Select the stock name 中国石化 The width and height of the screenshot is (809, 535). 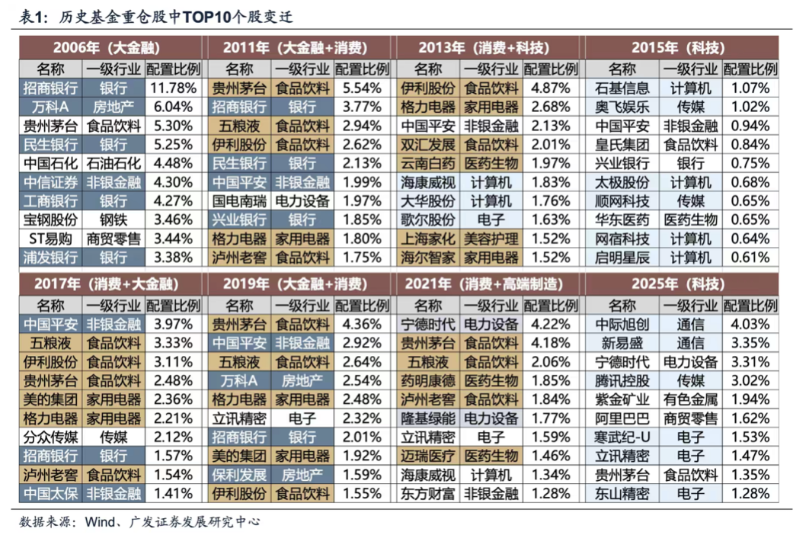tap(50, 163)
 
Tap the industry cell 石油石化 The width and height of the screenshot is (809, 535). tap(114, 163)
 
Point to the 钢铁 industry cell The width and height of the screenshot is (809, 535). tap(114, 220)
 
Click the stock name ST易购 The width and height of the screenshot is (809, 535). tap(50, 239)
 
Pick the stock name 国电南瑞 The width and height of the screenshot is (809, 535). tap(239, 201)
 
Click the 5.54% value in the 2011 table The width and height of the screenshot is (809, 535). tap(363, 87)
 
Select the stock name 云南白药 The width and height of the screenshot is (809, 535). tap(428, 163)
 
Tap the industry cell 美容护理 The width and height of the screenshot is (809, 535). tap(491, 239)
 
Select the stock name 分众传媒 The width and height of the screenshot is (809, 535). tap(50, 437)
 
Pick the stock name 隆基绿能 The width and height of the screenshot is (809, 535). tap(428, 418)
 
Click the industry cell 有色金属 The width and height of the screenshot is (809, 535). tap(690, 399)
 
